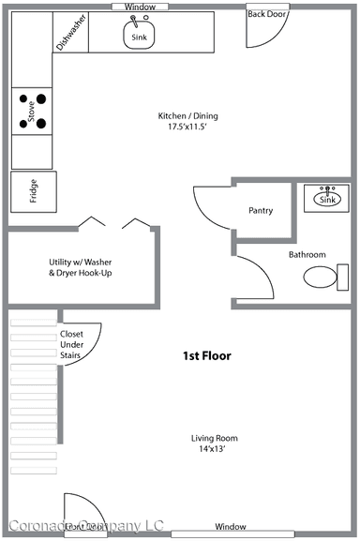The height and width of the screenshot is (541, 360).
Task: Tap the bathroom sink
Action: click(x=327, y=198)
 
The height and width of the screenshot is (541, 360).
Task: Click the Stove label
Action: click(x=32, y=113)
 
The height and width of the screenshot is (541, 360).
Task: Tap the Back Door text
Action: click(x=266, y=15)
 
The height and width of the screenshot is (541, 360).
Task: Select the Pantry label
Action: click(x=261, y=211)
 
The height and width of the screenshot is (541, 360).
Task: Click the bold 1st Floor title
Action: click(x=206, y=356)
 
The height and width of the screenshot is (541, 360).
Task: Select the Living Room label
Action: click(x=215, y=438)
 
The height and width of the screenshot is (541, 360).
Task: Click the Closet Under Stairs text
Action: click(x=72, y=345)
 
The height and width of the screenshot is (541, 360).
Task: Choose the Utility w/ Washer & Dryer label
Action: click(x=80, y=267)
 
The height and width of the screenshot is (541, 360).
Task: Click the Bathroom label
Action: click(x=307, y=254)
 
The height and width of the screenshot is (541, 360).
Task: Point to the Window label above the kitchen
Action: click(x=140, y=7)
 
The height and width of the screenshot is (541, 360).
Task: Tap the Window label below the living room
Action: click(x=230, y=527)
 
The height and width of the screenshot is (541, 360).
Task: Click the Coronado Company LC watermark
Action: click(x=86, y=527)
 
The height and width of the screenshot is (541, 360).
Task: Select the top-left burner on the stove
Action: click(x=21, y=96)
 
